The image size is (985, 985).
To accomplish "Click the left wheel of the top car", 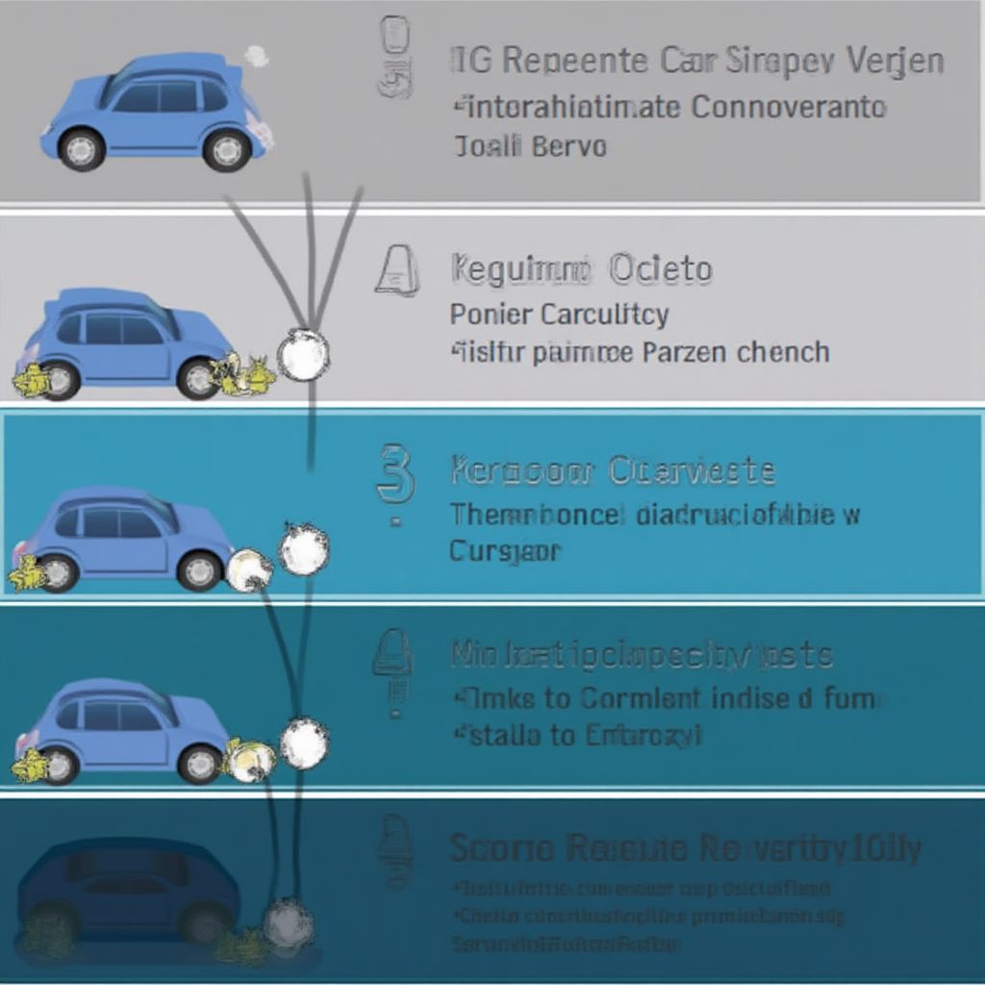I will point(82,149).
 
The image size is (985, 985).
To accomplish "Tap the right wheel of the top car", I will point(227,149).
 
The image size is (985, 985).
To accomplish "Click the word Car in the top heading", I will point(689,62).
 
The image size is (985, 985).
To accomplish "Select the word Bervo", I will point(568,147).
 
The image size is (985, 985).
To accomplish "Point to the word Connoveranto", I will point(789,106).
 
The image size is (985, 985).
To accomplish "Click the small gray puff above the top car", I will point(257,56).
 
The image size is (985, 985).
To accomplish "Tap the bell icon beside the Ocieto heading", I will point(397,269).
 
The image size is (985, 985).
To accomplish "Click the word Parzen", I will point(686,352).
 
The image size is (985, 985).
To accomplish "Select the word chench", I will point(783,352).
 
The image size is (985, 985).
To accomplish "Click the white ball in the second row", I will point(303,355).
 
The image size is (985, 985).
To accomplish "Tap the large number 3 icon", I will point(395,474).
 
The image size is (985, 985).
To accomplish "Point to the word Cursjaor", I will point(505,552).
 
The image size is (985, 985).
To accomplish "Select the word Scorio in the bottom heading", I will point(502,848).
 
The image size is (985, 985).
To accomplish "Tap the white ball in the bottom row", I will point(288,923).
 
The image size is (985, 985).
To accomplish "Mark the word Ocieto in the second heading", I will point(661,270).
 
